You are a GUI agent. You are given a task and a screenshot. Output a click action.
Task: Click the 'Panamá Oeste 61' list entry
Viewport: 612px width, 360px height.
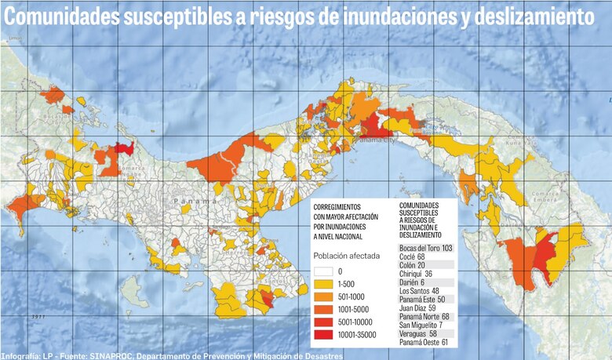[423, 343]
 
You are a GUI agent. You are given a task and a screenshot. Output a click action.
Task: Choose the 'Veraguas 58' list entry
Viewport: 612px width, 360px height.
[417, 333]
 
